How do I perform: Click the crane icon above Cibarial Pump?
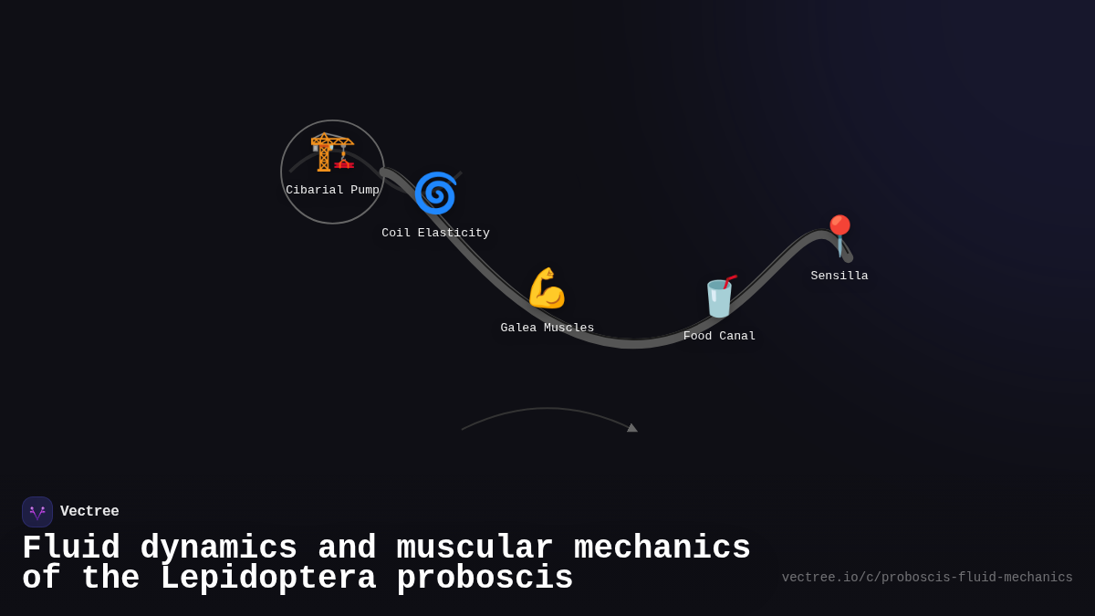point(331,152)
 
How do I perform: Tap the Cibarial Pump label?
point(332,191)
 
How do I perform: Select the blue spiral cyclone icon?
point(435,193)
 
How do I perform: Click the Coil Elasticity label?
point(435,234)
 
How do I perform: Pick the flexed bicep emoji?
point(547,288)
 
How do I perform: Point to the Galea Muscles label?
point(547,329)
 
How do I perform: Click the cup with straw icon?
point(719,297)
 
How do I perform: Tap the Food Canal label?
point(719,337)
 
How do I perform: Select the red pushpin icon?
point(839,235)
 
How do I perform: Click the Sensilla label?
point(839,277)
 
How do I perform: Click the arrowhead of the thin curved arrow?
point(631,427)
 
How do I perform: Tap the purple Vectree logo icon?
point(37,512)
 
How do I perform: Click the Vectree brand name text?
point(89,512)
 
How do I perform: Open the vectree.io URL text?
point(927,578)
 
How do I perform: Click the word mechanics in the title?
point(662,548)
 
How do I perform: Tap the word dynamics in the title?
point(219,548)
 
